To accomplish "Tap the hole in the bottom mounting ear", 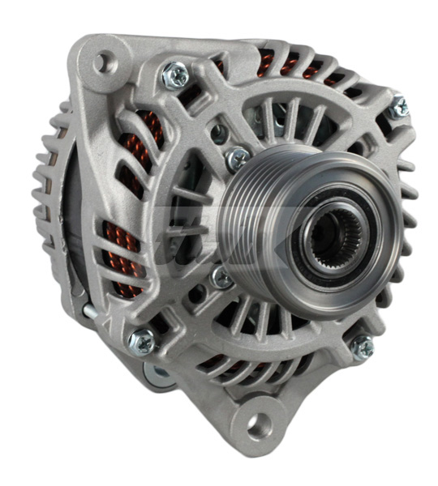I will click(x=258, y=423).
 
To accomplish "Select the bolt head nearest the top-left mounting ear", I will click(x=176, y=75).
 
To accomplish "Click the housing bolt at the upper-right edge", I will click(x=397, y=109).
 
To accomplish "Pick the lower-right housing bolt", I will click(x=361, y=347).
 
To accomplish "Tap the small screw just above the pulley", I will click(x=238, y=158).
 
